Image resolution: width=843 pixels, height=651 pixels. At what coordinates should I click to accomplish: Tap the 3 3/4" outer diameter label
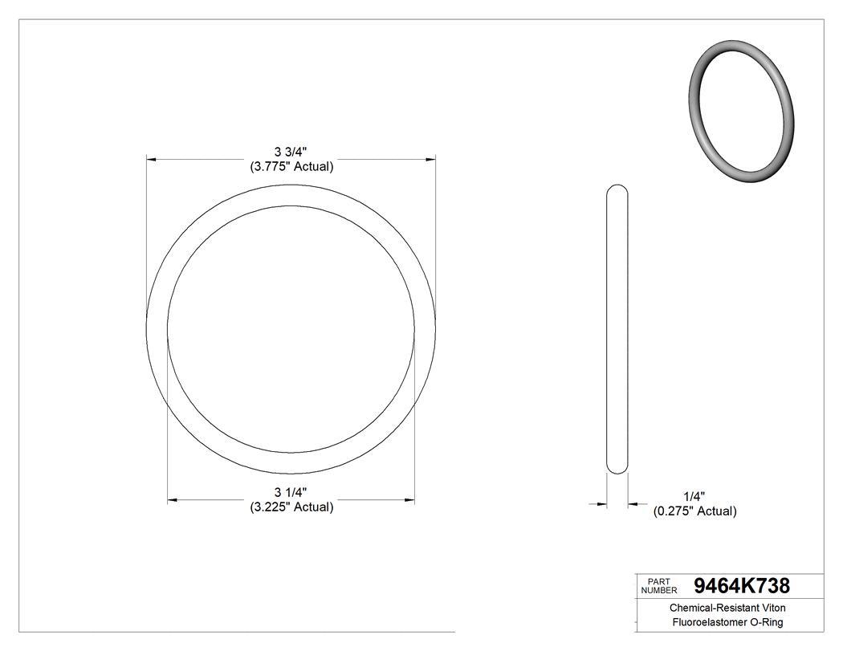(291, 152)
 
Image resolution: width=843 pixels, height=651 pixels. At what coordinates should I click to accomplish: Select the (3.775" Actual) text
(291, 167)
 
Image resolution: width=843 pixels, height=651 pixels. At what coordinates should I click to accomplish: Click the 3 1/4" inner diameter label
(291, 492)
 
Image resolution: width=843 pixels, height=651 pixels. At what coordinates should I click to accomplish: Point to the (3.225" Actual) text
(291, 507)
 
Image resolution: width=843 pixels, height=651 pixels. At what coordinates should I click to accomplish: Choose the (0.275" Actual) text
(694, 511)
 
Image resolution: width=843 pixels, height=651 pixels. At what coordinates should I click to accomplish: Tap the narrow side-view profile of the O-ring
(617, 329)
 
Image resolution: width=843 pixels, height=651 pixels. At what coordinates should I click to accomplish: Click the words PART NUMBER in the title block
(658, 585)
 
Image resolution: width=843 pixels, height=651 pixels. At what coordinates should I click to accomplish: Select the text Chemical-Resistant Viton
(727, 608)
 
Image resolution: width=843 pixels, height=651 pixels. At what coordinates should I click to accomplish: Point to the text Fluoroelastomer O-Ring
(727, 623)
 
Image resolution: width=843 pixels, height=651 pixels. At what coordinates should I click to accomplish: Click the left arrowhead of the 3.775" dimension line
(149, 160)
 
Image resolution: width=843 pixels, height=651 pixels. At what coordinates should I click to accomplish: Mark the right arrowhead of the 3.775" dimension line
(432, 160)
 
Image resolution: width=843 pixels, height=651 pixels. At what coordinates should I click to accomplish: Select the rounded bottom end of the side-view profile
(617, 470)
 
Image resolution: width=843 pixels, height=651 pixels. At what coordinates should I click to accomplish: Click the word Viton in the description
(772, 608)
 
